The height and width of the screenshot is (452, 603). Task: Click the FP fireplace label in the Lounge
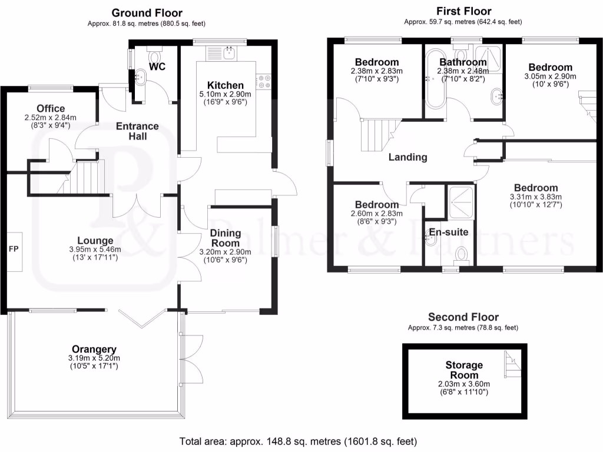tap(14, 250)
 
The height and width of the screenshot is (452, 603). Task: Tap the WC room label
tap(157, 67)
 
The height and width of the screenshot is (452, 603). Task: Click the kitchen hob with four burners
tap(263, 81)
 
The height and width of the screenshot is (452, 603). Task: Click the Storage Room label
tap(463, 370)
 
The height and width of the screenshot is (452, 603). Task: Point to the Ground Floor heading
tap(147, 13)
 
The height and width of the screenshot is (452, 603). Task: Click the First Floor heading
tap(463, 11)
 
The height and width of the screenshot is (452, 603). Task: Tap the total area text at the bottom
tap(298, 441)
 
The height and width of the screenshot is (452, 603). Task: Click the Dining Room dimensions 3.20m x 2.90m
tap(226, 252)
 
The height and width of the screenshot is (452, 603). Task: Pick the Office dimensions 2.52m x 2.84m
tap(50, 117)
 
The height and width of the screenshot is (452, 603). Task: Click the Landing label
tap(407, 157)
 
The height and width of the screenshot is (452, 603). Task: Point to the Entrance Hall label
tap(137, 131)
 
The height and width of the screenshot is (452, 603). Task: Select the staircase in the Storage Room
tap(510, 363)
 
